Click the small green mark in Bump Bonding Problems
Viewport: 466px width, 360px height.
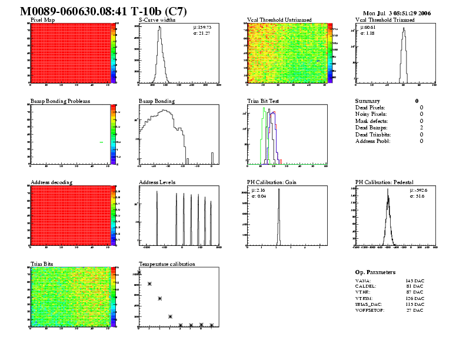tap(102, 142)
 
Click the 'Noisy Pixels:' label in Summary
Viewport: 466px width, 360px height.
tap(371, 114)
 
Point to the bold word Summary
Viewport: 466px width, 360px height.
tap(368, 101)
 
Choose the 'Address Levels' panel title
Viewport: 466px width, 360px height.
tap(157, 182)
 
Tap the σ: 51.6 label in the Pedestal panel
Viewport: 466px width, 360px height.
tap(367, 195)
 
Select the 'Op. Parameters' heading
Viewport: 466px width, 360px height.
tap(375, 272)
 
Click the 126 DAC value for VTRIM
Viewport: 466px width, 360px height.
tap(414, 299)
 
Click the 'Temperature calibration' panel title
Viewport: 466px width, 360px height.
tap(167, 264)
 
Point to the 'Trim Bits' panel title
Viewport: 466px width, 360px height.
tap(41, 264)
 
